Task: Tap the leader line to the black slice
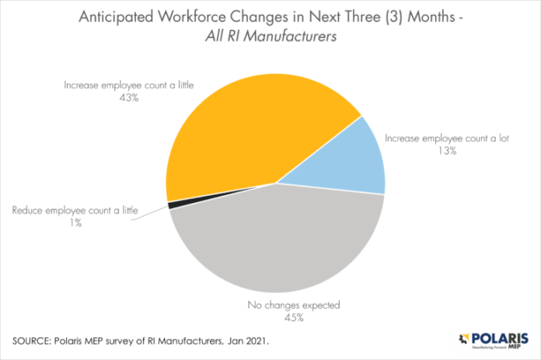point(148,213)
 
